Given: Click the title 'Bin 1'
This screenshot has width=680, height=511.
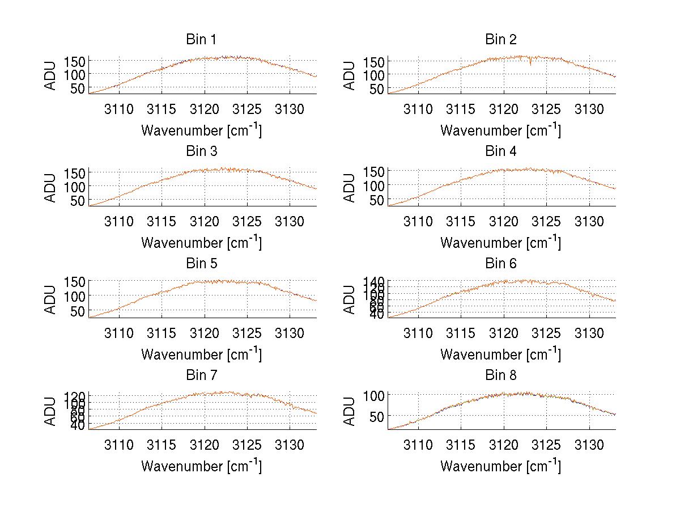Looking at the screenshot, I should tap(201, 40).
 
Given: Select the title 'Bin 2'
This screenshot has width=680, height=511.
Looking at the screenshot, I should tap(501, 40).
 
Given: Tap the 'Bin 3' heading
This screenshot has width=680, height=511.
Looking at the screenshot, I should tap(201, 151).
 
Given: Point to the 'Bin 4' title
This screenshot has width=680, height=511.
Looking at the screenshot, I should tap(501, 151).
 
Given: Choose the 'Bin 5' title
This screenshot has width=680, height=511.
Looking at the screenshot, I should tap(201, 263).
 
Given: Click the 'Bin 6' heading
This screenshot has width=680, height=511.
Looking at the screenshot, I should tap(501, 263).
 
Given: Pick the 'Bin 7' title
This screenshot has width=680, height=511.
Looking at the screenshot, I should tap(201, 375).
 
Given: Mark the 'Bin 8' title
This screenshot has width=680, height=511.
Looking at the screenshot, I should tap(501, 375).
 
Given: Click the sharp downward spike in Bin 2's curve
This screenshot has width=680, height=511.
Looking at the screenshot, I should tap(530, 64).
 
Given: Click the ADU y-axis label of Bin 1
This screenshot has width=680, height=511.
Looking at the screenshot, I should tap(52, 75).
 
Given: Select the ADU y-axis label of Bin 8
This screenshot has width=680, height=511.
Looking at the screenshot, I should tap(351, 411).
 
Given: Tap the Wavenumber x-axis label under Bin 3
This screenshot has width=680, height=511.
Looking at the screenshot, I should tap(201, 242).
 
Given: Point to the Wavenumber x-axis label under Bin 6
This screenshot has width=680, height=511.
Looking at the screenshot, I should tap(501, 354).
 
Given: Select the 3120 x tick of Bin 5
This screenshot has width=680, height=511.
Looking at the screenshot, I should tap(205, 333).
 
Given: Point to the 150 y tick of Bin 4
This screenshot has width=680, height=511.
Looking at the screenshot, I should tap(374, 171).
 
